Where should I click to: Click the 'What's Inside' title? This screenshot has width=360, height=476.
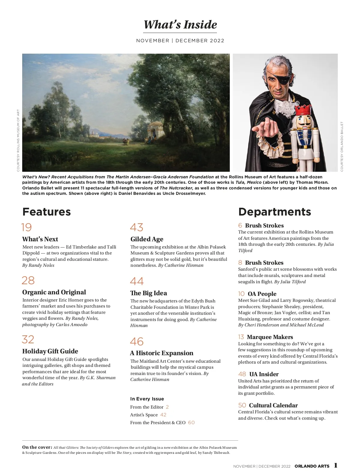[180, 25]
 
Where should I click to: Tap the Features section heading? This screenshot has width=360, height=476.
[46, 212]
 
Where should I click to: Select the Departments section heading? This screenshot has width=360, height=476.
[274, 212]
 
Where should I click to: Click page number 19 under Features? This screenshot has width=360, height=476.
[26, 228]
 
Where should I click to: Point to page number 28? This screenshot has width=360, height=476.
[28, 281]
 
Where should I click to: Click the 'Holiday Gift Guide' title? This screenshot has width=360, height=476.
[50, 351]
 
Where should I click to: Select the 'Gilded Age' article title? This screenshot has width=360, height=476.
[147, 239]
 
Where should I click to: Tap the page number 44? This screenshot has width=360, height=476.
[137, 281]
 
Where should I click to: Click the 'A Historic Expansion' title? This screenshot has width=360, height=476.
[162, 353]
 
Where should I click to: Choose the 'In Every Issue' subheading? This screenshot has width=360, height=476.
[147, 399]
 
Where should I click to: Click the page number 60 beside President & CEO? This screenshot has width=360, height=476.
[191, 423]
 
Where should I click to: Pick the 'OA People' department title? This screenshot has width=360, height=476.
[262, 294]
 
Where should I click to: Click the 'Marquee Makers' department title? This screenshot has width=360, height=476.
[270, 337]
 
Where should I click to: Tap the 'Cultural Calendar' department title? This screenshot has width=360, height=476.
[273, 406]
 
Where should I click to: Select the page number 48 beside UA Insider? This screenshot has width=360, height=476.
[242, 374]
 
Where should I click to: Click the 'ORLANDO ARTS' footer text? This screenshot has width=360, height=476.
[312, 466]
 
